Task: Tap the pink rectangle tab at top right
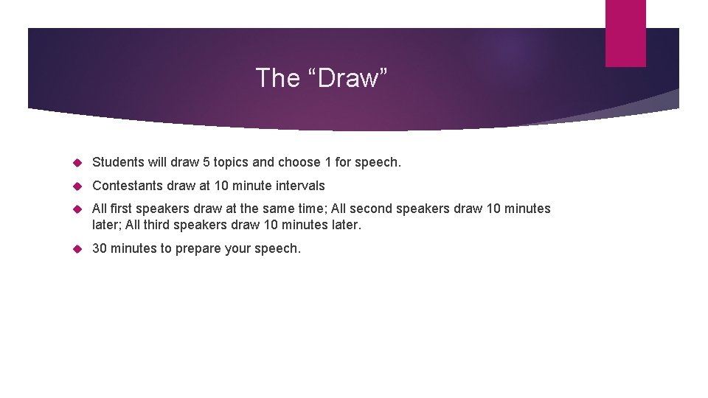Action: point(625,33)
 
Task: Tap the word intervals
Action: point(299,186)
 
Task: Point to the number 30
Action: point(100,248)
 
